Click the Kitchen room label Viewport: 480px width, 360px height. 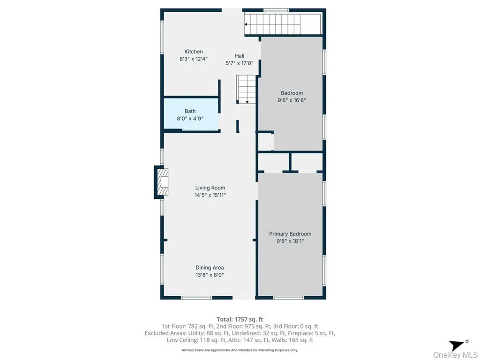point(194,52)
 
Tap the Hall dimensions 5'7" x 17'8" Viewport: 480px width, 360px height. point(240,63)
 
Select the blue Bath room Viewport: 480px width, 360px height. point(191,114)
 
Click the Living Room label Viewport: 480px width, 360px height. point(210,188)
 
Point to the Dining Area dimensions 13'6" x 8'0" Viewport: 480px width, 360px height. point(210,275)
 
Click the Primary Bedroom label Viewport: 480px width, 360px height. point(290,234)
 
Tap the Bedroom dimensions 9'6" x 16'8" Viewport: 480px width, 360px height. point(292,100)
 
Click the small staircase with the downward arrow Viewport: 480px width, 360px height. point(246,90)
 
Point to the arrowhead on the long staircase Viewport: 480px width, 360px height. point(246,24)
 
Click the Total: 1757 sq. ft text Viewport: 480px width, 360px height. point(240,320)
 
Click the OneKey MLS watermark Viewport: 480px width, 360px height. point(456,354)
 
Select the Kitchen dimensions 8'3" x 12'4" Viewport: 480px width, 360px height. point(194,59)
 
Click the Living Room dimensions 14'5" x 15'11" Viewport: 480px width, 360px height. point(210,195)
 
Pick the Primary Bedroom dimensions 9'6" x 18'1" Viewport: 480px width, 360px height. point(290,241)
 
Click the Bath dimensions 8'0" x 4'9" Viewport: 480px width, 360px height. point(190,119)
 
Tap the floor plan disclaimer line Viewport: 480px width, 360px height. point(240,350)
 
